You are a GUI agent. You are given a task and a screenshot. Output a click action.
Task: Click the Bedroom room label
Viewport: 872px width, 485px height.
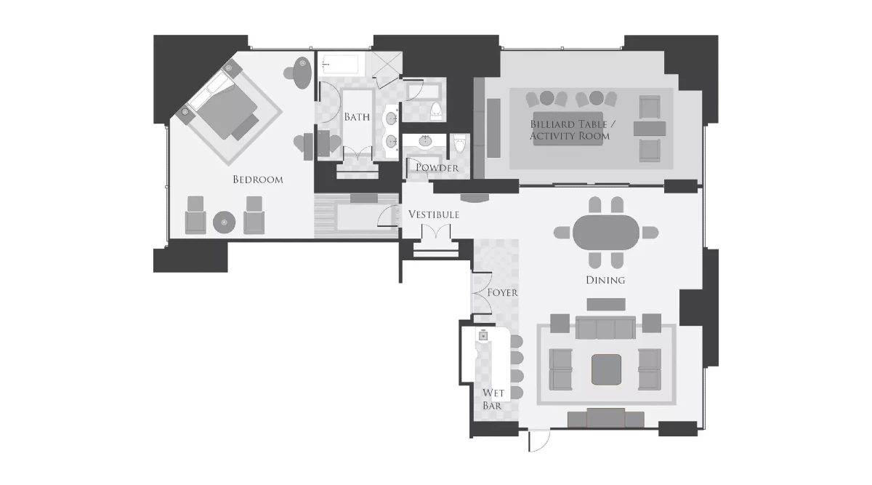[257, 180]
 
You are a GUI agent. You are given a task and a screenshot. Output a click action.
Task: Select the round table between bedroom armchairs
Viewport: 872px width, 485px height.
[224, 222]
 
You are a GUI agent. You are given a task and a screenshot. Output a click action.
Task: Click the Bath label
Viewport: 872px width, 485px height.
[356, 116]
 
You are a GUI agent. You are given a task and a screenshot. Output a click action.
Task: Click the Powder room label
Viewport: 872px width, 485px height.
[437, 168]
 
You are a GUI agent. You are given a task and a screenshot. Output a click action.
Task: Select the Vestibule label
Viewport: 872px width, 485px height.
[433, 215]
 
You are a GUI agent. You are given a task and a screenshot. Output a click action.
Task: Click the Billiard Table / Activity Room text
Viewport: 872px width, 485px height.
[569, 130]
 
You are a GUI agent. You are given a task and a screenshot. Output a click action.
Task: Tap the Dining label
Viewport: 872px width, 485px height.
[605, 280]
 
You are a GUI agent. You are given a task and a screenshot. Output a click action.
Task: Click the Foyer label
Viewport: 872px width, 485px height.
[502, 292]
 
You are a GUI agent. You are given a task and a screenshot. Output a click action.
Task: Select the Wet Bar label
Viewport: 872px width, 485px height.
[493, 400]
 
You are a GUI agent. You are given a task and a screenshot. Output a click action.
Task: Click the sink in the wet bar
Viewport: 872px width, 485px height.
[483, 337]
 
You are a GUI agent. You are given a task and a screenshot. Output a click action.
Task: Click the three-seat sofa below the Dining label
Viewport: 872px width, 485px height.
[605, 329]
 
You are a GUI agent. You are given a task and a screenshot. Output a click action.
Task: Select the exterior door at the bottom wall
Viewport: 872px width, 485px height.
[538, 440]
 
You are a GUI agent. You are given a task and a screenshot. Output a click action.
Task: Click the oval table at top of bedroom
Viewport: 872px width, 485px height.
[303, 73]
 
